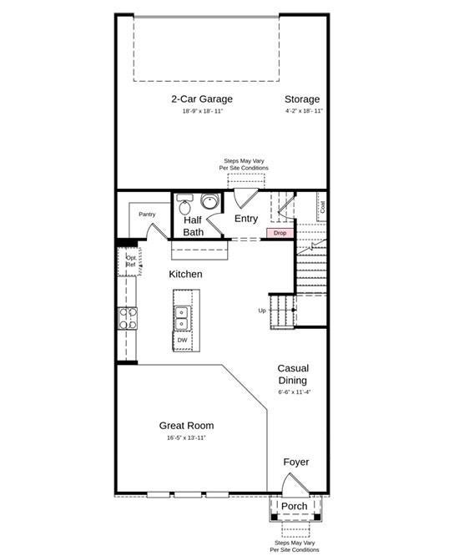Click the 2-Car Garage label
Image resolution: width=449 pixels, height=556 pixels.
(202, 99)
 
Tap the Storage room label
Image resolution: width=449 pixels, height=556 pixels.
(302, 99)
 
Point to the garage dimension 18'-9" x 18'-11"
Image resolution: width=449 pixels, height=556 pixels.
(202, 111)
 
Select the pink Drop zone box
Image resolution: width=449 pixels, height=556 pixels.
(280, 233)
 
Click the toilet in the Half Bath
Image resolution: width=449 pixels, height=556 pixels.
(184, 205)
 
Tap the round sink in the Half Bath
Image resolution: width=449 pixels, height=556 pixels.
(210, 201)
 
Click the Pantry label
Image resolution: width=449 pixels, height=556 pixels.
(147, 215)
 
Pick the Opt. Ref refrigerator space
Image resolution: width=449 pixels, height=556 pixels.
(130, 261)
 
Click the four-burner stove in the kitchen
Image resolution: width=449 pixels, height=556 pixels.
(128, 318)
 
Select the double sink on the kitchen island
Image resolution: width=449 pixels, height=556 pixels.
(181, 318)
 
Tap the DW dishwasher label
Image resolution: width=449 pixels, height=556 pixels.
(182, 340)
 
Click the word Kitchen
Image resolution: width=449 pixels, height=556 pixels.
(185, 274)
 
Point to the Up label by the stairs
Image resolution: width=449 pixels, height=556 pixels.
(262, 311)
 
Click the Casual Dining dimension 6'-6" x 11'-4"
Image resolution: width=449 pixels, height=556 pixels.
(295, 392)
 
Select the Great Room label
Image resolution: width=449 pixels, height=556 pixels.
(186, 426)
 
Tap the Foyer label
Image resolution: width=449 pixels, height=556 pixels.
(296, 462)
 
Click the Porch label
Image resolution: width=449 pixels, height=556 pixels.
(294, 507)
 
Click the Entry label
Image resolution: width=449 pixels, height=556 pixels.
(246, 219)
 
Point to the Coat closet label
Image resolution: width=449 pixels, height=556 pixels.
(322, 207)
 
